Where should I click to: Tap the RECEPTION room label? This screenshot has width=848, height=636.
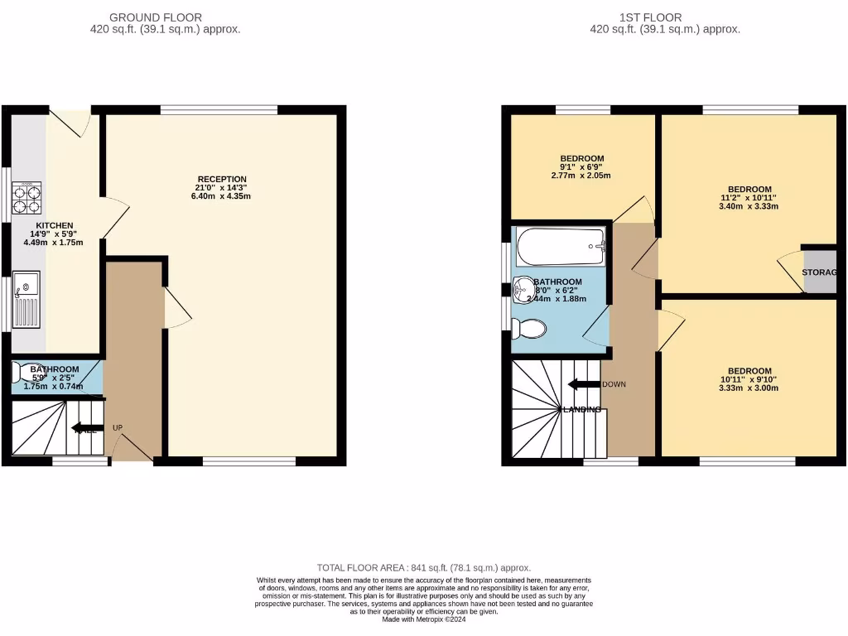coord(222,179)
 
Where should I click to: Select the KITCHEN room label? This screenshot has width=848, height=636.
coord(55,225)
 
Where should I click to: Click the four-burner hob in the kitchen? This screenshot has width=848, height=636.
coord(26,200)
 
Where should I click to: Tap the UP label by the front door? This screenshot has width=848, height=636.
coord(118,427)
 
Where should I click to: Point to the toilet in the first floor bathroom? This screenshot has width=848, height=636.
coord(528,329)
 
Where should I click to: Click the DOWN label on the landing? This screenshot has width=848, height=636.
coord(614,384)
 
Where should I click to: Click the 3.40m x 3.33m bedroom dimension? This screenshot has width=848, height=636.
coord(749,207)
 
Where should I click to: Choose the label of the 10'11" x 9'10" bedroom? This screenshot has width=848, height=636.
coord(749,371)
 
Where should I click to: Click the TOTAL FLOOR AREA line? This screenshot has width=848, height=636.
coord(423,567)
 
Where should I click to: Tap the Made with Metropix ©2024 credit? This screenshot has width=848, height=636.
coord(423,619)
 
